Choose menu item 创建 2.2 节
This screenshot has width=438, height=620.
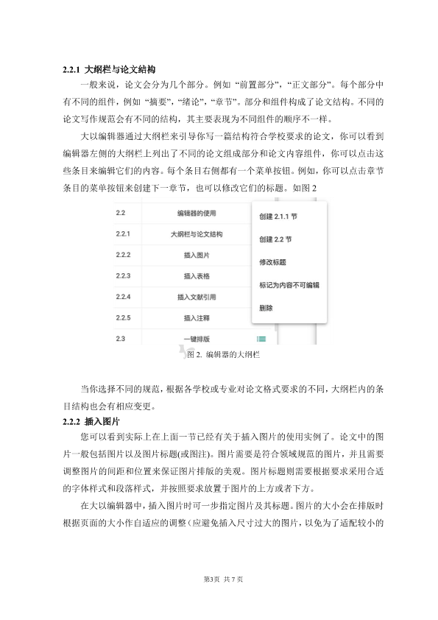[276, 240]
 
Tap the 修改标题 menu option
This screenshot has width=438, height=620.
[273, 261]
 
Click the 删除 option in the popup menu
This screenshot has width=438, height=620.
[266, 307]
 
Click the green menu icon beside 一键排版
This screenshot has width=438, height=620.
[261, 339]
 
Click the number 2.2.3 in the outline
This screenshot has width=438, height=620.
[123, 276]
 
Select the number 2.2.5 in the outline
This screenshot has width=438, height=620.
[123, 318]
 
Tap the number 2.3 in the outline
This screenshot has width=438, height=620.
[120, 339]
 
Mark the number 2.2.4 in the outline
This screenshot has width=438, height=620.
[123, 297]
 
